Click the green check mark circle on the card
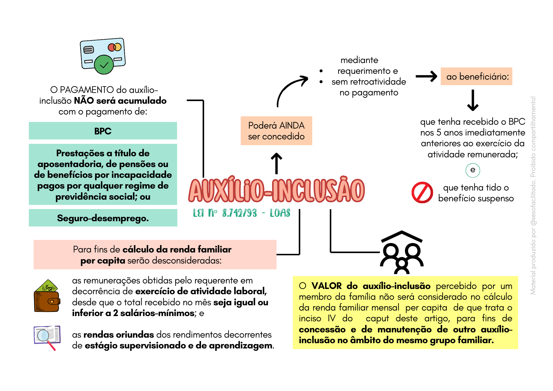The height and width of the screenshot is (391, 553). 104,65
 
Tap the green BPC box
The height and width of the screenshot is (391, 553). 103,131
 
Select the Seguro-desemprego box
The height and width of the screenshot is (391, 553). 103,218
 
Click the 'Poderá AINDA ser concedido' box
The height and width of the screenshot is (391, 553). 276,131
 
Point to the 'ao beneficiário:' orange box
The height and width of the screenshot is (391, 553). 476,76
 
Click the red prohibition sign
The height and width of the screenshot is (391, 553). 422,192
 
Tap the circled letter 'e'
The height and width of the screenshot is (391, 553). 473,170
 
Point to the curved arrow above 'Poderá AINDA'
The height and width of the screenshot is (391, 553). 290,88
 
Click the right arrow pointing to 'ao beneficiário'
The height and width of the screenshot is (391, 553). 426,76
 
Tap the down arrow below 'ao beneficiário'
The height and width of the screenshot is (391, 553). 473,100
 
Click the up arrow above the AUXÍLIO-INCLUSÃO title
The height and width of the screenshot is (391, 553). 276,163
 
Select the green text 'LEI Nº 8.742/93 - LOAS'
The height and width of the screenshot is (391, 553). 241,213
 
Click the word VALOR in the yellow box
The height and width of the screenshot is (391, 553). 326,286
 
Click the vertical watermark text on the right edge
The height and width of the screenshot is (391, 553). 533,195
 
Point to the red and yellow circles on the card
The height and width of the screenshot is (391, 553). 114,47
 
